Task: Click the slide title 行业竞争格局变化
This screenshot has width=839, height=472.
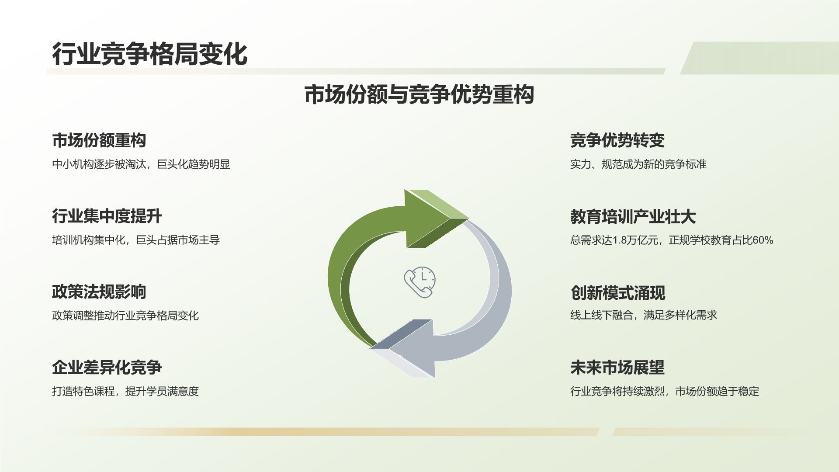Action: (x=150, y=54)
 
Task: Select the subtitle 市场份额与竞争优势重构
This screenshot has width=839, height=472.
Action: (x=419, y=95)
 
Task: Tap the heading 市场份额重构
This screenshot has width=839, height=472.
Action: (x=99, y=140)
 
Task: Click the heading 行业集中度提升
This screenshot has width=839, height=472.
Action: (x=107, y=216)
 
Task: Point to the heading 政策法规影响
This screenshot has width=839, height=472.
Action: (x=99, y=292)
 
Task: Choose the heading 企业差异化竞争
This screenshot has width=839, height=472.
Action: (x=107, y=367)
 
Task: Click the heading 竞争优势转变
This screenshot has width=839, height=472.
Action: (x=617, y=140)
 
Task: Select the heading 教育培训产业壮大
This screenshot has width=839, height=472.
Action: (x=633, y=216)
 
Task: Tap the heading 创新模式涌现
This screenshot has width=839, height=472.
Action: (x=617, y=292)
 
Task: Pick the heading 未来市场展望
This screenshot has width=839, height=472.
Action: (x=617, y=368)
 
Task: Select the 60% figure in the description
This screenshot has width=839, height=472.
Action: (x=763, y=240)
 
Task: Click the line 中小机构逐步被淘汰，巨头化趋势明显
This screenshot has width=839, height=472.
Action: (x=141, y=164)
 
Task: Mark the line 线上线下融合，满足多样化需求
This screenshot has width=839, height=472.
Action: (x=643, y=315)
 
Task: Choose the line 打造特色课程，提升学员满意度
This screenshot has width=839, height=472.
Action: (x=125, y=391)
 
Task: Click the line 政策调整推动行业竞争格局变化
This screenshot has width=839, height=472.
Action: (x=125, y=316)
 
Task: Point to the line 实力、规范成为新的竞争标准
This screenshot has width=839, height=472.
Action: (x=638, y=164)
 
